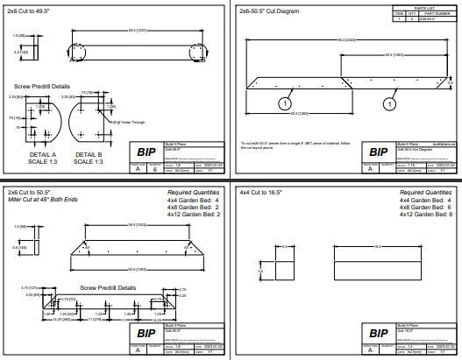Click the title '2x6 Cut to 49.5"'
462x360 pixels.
pos(32,13)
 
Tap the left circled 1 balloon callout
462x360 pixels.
pos(284,102)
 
